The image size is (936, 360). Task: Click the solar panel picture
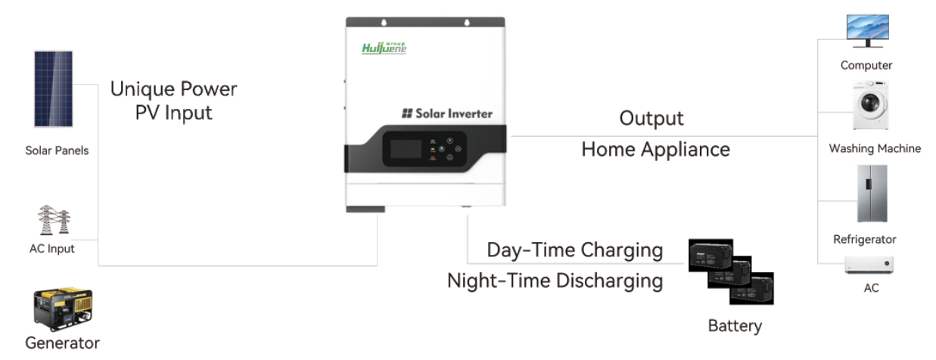(x=53, y=88)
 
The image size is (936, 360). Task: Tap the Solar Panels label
(x=57, y=151)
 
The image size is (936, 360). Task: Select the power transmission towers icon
(x=54, y=219)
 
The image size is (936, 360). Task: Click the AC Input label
(x=51, y=249)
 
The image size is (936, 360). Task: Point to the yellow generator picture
(x=63, y=308)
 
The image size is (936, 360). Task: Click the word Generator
(x=62, y=343)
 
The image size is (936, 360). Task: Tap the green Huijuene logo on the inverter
(x=384, y=48)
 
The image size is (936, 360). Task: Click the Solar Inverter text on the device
(x=447, y=113)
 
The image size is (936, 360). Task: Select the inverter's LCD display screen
(x=406, y=149)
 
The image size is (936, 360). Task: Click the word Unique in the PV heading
(x=142, y=90)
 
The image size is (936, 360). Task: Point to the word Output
(x=651, y=119)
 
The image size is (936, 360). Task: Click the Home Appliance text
(x=655, y=150)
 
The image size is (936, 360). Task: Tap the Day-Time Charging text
(x=575, y=250)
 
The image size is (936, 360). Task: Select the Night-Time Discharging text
(x=555, y=281)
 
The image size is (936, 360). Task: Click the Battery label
(x=735, y=326)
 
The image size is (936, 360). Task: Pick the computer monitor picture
(x=867, y=31)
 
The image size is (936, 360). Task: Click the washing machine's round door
(x=870, y=103)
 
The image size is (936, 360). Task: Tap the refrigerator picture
(x=872, y=194)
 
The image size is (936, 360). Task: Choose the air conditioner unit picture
(x=869, y=265)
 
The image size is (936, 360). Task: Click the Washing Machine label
(x=875, y=149)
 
